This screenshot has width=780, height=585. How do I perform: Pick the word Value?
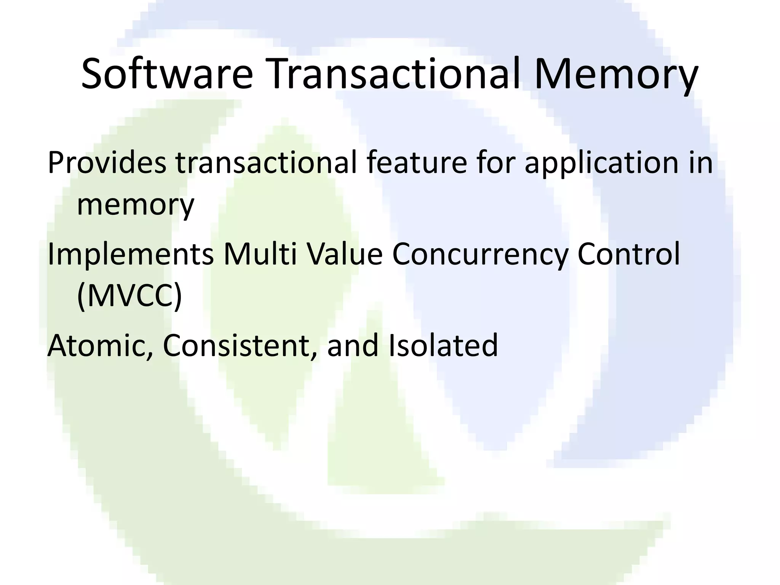(345, 254)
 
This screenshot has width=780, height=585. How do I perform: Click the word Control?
(628, 254)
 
